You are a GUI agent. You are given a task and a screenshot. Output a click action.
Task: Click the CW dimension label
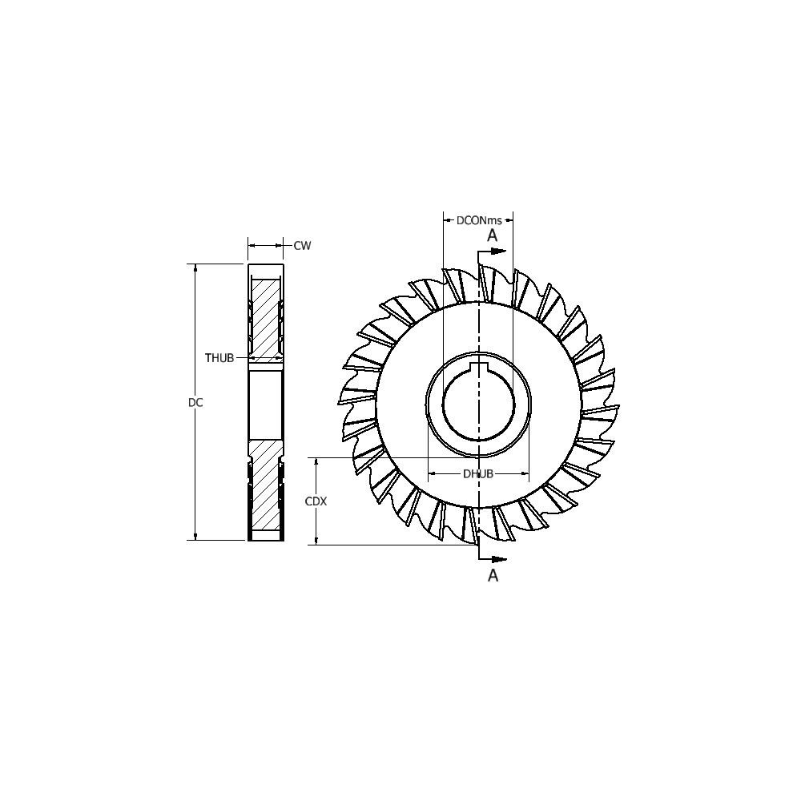coord(302,246)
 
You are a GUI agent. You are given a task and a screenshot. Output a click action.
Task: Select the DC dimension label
coord(195,403)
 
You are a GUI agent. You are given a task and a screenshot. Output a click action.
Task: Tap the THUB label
coord(219,358)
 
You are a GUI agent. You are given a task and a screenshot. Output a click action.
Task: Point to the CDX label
coord(316,501)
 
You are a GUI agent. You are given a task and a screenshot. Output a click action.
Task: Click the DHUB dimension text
coord(478,473)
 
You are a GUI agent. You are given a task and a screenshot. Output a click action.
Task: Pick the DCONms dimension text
coord(479,220)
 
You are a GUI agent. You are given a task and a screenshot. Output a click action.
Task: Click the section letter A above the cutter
coord(493,235)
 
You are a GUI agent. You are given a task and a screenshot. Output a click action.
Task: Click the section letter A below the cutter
coord(493,575)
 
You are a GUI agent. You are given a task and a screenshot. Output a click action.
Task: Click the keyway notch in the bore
coord(479,368)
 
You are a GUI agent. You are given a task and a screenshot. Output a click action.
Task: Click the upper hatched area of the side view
coord(265,316)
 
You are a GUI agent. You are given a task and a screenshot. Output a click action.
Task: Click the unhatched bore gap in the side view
coord(265,403)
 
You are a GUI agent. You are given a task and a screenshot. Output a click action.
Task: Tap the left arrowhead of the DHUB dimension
coord(433,473)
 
